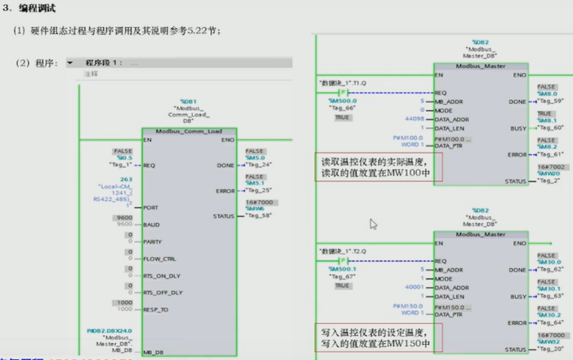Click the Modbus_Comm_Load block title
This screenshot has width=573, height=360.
pyautogui.click(x=188, y=131)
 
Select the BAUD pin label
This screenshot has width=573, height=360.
pyautogui.click(x=152, y=225)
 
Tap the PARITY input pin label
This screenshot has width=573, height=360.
pyautogui.click(x=153, y=242)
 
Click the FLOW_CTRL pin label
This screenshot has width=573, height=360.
pyautogui.click(x=159, y=259)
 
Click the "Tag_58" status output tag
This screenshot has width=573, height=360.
pyautogui.click(x=259, y=216)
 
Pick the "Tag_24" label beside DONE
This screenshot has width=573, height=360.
pyautogui.click(x=259, y=165)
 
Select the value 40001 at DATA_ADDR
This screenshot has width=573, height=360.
pyautogui.click(x=414, y=288)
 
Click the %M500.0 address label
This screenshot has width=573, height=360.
pyautogui.click(x=342, y=101)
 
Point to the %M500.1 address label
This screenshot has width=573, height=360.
pyautogui.click(x=342, y=269)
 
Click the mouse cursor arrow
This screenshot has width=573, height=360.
pyautogui.click(x=374, y=224)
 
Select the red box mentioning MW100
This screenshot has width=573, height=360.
pyautogui.click(x=378, y=167)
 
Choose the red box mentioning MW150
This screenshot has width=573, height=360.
pyautogui.click(x=378, y=337)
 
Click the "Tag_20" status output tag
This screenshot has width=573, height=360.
pyautogui.click(x=550, y=349)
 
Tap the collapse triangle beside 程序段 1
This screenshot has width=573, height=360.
pyautogui.click(x=71, y=63)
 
